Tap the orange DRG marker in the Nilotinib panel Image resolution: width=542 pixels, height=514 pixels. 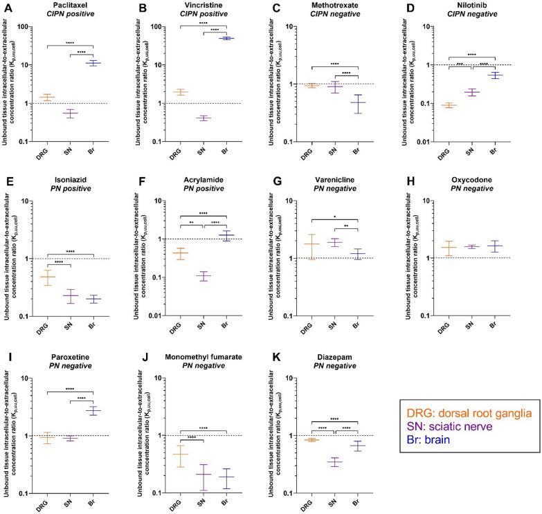pyautogui.click(x=451, y=105)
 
